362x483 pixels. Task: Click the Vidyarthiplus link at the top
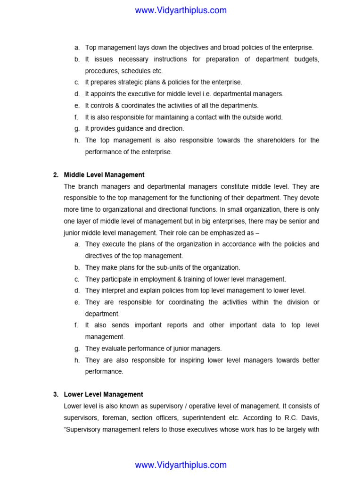(181, 10)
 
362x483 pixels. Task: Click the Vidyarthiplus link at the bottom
(181, 465)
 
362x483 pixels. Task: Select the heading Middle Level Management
(104, 175)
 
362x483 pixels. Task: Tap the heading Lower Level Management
(103, 394)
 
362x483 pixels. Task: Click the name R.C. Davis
(304, 417)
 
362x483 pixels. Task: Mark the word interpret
(115, 291)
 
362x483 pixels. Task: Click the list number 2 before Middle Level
(55, 175)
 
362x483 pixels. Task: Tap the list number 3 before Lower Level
(55, 394)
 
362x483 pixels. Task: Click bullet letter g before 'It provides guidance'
(76, 128)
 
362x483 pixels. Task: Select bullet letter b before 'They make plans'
(76, 267)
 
